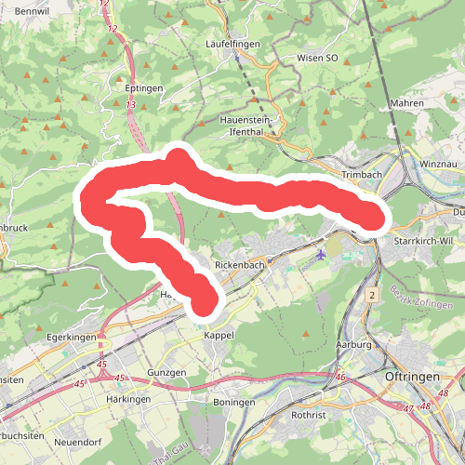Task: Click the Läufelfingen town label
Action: pyautogui.click(x=233, y=44)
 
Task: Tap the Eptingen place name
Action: pyautogui.click(x=143, y=87)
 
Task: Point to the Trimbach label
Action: pyautogui.click(x=362, y=175)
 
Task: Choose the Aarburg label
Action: pyautogui.click(x=354, y=345)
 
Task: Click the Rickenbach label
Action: pyautogui.click(x=240, y=265)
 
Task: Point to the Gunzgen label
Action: pyautogui.click(x=167, y=372)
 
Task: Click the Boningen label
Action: pyautogui.click(x=232, y=402)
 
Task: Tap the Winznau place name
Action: pyautogui.click(x=439, y=164)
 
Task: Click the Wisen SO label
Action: pyautogui.click(x=317, y=58)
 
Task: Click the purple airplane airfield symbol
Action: pyautogui.click(x=322, y=254)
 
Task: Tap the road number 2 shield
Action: pyautogui.click(x=370, y=295)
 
